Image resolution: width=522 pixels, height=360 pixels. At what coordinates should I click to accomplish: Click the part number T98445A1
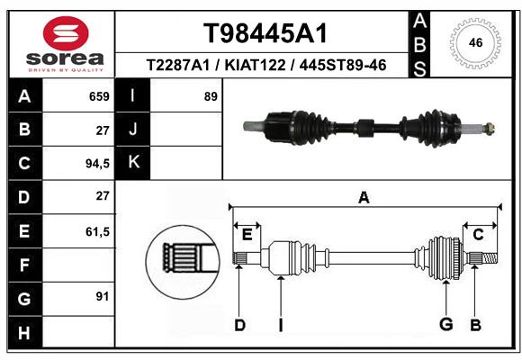[264, 33]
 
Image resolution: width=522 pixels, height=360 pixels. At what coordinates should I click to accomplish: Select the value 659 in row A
[98, 96]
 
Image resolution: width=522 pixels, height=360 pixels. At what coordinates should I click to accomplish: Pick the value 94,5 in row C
[95, 164]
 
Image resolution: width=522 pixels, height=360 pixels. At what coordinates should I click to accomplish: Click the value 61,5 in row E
[95, 231]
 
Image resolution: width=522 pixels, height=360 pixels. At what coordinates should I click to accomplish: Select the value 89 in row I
[211, 96]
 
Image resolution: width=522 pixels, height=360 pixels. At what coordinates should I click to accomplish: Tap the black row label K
[132, 163]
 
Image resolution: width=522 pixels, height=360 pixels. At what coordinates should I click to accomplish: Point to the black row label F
[24, 265]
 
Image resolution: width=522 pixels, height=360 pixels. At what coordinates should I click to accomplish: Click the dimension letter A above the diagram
[364, 198]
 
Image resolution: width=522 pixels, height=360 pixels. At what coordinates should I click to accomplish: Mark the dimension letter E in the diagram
[247, 235]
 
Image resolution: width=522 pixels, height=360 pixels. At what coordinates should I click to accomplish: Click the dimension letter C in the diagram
[479, 235]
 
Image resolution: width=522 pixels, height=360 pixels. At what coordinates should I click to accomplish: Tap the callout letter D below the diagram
[239, 325]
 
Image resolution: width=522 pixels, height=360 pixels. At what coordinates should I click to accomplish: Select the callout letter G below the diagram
[445, 325]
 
